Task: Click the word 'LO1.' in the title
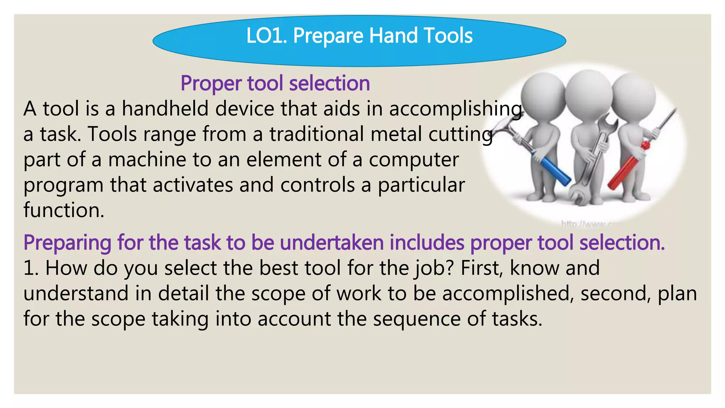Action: click(267, 36)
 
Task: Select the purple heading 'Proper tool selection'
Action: click(275, 83)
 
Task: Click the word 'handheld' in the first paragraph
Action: click(165, 108)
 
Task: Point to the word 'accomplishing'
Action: click(456, 109)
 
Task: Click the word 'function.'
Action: click(64, 210)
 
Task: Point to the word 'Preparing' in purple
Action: click(67, 243)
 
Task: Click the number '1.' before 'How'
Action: click(31, 268)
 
